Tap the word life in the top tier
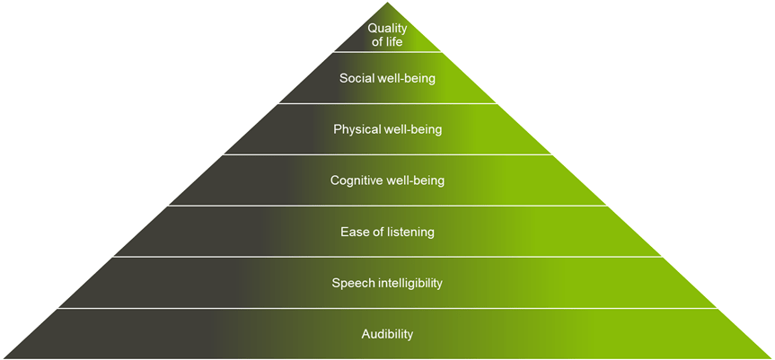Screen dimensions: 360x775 [x=396, y=42]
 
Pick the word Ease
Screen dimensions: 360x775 [x=354, y=233]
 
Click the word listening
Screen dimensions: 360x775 [x=409, y=233]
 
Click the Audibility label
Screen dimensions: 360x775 [x=387, y=335]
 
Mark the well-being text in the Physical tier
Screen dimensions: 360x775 [x=413, y=129]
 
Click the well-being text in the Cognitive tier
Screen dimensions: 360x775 [x=416, y=180]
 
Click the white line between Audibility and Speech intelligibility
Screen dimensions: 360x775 [x=387, y=308]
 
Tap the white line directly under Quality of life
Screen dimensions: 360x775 [x=387, y=53]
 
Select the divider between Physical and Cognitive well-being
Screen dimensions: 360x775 [x=387, y=154]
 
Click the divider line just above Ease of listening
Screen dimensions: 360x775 [x=387, y=206]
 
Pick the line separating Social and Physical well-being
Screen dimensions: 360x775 [x=387, y=103]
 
